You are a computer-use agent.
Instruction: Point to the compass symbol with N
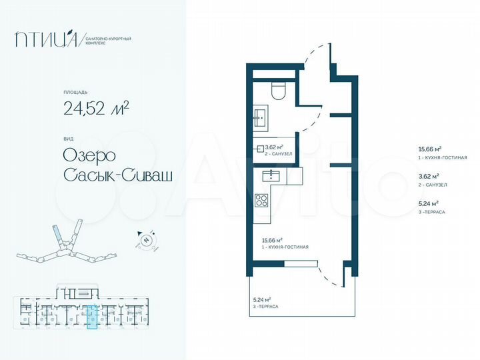pyautogui.click(x=148, y=240)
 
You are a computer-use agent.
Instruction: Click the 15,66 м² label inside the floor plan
pyautogui.click(x=272, y=241)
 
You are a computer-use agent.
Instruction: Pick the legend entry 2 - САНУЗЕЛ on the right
pyautogui.click(x=431, y=184)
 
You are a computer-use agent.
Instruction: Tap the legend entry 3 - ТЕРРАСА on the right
pyautogui.click(x=430, y=211)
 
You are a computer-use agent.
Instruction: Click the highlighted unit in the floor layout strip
pyautogui.click(x=92, y=317)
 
